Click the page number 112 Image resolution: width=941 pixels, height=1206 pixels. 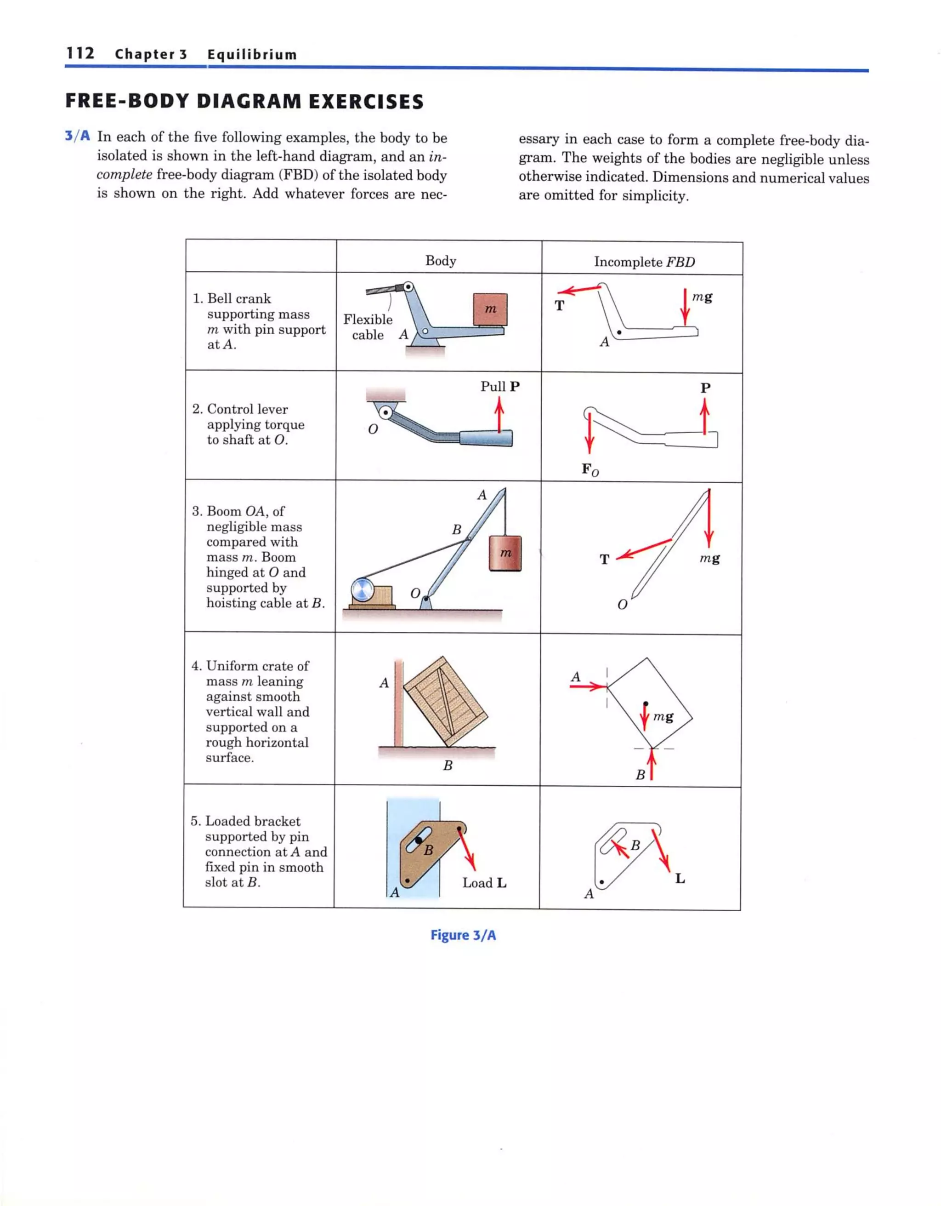coord(80,53)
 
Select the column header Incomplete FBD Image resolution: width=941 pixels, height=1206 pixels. coord(644,261)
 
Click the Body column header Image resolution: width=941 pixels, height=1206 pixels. coord(441,260)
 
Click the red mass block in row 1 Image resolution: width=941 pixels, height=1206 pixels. coord(490,309)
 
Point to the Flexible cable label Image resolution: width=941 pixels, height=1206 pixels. coord(368,327)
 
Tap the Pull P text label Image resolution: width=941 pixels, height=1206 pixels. coord(499,386)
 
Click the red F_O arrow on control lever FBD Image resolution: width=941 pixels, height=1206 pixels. coord(590,433)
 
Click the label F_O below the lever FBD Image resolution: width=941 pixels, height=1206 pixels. coord(590,469)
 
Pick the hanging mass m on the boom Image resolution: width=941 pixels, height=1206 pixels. coord(505,553)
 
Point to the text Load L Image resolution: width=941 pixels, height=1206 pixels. coord(484,882)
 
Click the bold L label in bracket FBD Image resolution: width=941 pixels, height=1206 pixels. coord(680,879)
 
